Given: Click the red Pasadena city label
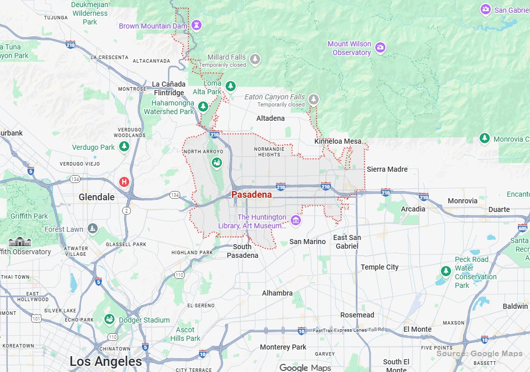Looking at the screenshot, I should click(x=252, y=195).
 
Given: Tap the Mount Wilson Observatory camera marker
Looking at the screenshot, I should click(x=380, y=48).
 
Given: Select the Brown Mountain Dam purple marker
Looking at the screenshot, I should click(x=197, y=25).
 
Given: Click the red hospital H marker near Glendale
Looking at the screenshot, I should click(x=124, y=181).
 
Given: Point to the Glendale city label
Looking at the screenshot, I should click(x=97, y=197).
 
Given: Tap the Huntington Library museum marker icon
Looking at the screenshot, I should click(x=295, y=220).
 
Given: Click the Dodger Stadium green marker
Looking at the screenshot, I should click(x=109, y=320).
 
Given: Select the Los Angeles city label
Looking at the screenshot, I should click(x=106, y=362).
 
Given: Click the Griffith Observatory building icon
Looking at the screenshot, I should click(x=20, y=242).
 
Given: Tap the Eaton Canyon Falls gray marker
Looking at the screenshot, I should click(x=314, y=99).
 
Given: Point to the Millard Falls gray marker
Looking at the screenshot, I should click(x=255, y=59).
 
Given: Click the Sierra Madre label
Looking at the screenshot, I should click(x=387, y=169).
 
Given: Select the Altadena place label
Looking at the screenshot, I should click(x=270, y=118).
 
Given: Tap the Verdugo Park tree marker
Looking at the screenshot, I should click(x=124, y=147).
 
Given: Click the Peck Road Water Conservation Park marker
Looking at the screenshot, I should click(x=446, y=271).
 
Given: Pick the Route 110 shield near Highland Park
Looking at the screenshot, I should click(x=179, y=275).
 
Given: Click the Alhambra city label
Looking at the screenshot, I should click(x=277, y=293).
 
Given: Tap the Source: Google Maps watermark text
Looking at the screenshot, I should click(x=479, y=354).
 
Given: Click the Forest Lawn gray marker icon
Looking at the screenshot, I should click(x=92, y=228).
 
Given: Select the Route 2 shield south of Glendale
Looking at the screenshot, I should click(x=126, y=210).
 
